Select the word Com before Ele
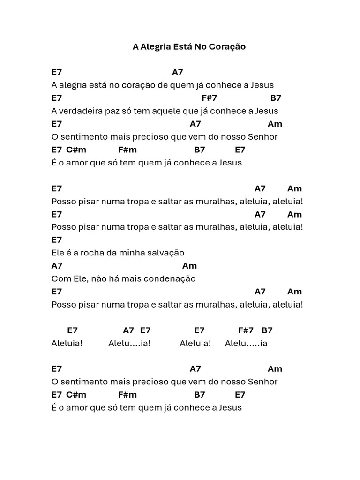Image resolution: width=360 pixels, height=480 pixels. click(x=60, y=278)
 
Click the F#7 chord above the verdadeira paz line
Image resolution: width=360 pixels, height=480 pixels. click(x=209, y=98)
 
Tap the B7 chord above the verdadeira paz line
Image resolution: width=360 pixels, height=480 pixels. click(x=276, y=98)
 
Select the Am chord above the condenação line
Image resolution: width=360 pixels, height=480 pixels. click(x=189, y=266)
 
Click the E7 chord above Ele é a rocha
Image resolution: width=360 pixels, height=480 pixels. click(x=57, y=240)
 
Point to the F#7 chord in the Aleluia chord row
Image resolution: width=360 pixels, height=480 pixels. click(x=246, y=330)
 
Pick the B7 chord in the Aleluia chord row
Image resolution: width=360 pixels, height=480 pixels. click(x=267, y=330)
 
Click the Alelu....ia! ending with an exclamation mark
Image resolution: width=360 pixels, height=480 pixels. click(x=129, y=344)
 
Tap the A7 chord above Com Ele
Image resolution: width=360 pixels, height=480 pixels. click(x=57, y=266)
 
